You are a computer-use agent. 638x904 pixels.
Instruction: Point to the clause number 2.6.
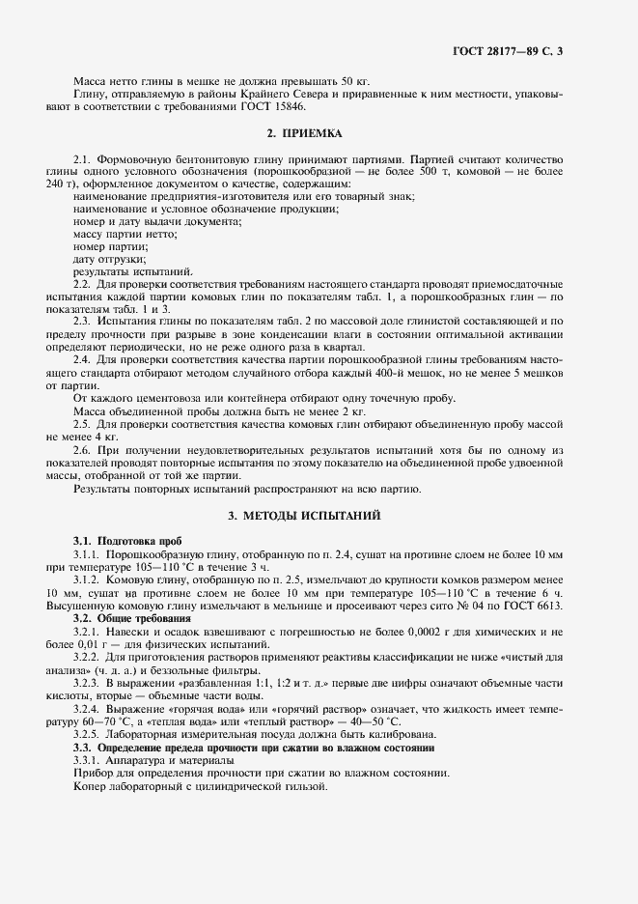coord(82,450)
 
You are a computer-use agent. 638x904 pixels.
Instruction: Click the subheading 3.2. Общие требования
coord(131,617)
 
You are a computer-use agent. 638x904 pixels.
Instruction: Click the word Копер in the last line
coord(92,786)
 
